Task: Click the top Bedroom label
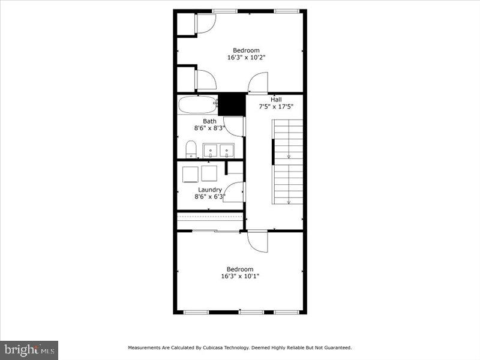(246, 50)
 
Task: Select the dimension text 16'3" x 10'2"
(246, 58)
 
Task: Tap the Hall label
(276, 100)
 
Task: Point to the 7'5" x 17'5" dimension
(276, 107)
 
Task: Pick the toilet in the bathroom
(191, 148)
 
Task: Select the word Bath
(209, 121)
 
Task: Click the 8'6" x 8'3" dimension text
(209, 128)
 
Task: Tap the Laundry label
(209, 190)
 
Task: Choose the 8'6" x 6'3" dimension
(209, 196)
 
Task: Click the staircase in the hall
(288, 161)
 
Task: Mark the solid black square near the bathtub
(232, 104)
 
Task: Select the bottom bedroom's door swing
(257, 242)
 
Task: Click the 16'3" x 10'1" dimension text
(240, 277)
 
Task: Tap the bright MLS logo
(29, 349)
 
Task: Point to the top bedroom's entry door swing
(259, 83)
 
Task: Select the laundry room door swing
(234, 192)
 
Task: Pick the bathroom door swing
(235, 126)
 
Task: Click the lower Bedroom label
(240, 269)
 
